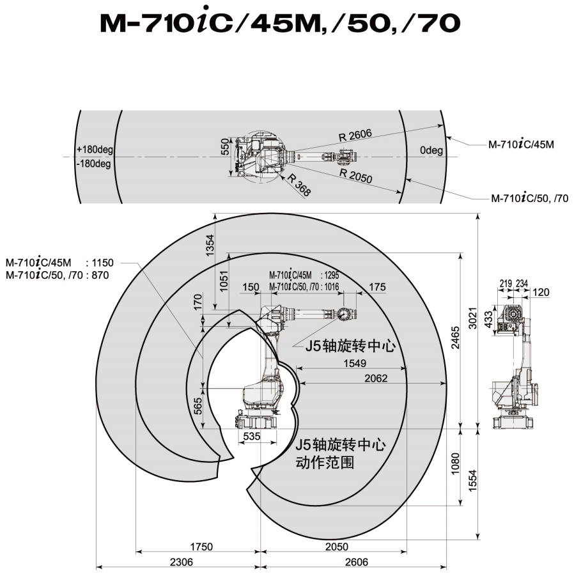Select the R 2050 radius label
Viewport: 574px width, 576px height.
click(355, 176)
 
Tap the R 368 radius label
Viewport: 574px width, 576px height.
click(299, 184)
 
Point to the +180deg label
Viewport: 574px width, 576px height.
click(95, 150)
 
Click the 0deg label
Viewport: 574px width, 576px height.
click(431, 150)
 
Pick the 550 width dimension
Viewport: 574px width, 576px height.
click(225, 147)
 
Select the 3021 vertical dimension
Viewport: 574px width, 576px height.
click(472, 318)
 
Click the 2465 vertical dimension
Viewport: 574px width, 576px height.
click(455, 338)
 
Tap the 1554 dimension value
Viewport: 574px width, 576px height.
click(472, 480)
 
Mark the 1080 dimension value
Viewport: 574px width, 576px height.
click(455, 463)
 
